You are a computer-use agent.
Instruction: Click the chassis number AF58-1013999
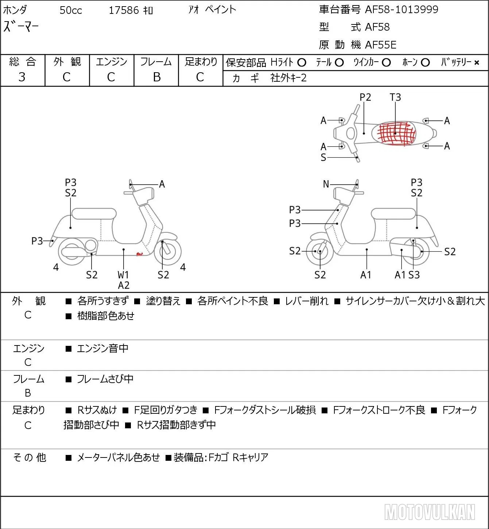[x=401, y=9]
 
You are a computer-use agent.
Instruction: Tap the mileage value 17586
[x=124, y=10]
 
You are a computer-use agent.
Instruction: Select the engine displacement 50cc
[x=71, y=10]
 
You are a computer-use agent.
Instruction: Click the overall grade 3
[x=22, y=77]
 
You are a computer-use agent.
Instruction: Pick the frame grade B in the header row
[x=156, y=77]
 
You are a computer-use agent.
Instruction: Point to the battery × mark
[x=477, y=63]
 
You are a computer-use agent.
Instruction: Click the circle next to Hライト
[x=302, y=63]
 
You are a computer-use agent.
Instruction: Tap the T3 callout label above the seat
[x=395, y=97]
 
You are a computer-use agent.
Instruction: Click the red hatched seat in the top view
[x=396, y=133]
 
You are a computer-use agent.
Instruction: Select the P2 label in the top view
[x=365, y=97]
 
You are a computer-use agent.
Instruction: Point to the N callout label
[x=326, y=184]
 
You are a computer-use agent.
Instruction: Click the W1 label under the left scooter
[x=123, y=275]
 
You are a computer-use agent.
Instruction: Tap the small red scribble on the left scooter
[x=140, y=254]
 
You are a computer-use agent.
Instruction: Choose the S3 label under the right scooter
[x=414, y=275]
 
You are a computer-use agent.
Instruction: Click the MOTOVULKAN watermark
[x=430, y=512]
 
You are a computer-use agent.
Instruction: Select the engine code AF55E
[x=381, y=45]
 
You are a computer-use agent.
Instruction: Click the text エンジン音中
[x=102, y=348]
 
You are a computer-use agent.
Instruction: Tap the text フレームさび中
[x=105, y=379]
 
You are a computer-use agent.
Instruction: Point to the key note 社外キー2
[x=288, y=78]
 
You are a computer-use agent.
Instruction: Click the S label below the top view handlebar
[x=323, y=157]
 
